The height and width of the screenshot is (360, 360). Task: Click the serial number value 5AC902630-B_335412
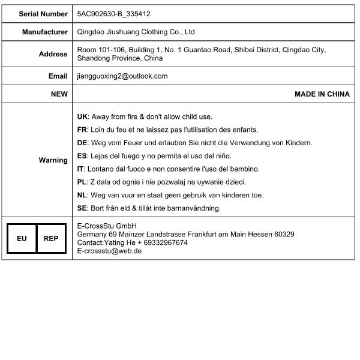click(x=113, y=13)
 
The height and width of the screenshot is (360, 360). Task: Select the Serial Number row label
click(x=43, y=13)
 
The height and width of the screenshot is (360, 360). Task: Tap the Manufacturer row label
click(x=45, y=32)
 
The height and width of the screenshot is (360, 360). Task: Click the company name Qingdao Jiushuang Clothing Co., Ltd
click(x=136, y=32)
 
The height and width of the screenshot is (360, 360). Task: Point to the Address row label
click(x=53, y=54)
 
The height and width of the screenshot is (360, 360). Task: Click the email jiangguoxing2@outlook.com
click(x=122, y=76)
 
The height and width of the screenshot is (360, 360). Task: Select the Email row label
click(x=58, y=76)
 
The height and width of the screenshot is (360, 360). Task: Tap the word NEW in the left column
click(x=59, y=94)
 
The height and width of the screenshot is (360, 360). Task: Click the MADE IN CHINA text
click(x=322, y=94)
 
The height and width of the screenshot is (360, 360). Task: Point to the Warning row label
click(x=53, y=160)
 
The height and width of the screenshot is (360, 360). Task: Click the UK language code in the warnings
click(x=83, y=116)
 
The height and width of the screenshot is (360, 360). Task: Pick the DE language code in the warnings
click(x=83, y=143)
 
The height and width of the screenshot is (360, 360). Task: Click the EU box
click(x=22, y=239)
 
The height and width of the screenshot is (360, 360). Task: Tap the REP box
click(x=51, y=239)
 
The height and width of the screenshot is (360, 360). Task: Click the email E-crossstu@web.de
click(x=109, y=251)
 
